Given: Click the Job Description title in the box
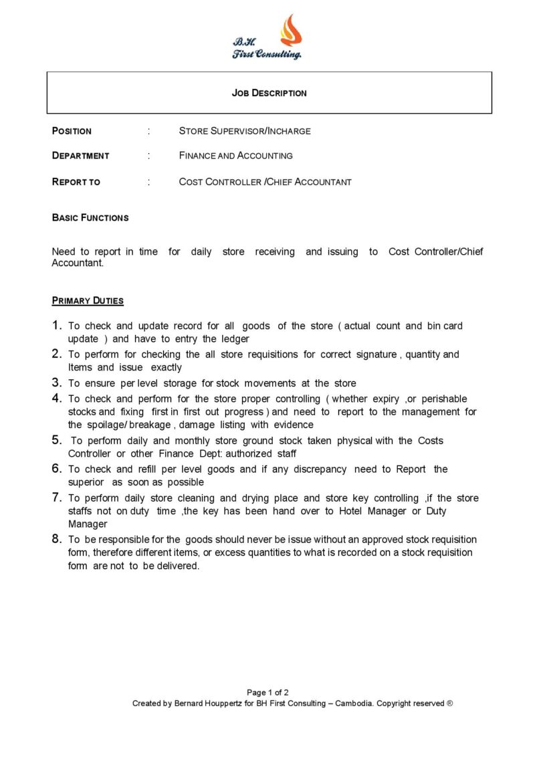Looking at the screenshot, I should coord(269,93).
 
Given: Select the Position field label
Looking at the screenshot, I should coord(72,131).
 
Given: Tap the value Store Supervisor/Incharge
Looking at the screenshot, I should coord(245,131).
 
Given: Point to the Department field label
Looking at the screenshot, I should coord(80,156).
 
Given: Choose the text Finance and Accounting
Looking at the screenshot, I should coord(235,156).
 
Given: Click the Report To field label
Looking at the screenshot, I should coord(76,182).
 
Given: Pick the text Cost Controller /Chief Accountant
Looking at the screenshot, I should coord(265,182).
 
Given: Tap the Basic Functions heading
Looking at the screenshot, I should coord(90,218).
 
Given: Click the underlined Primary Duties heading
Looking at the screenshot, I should coord(88,301).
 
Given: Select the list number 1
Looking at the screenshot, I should coord(57,326).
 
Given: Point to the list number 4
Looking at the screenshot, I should coord(57,399).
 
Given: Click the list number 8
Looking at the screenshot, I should coord(57,539).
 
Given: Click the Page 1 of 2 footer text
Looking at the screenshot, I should coord(267,693).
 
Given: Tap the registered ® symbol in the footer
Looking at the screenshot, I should coord(450,704).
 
